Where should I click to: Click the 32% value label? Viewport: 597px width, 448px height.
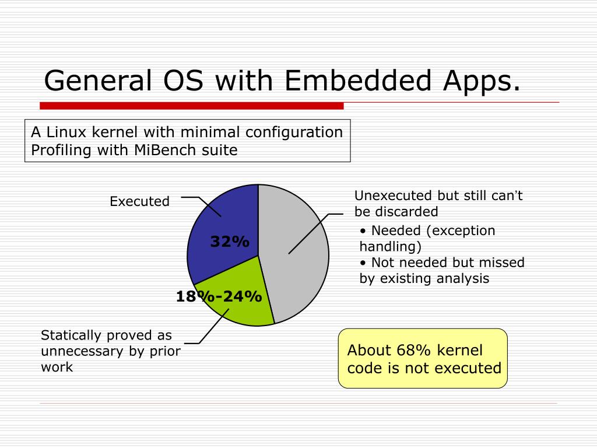tap(230, 242)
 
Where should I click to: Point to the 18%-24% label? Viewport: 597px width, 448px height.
tap(219, 297)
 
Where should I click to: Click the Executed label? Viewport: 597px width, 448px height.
tap(139, 202)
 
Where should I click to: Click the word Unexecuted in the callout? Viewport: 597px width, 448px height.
tap(390, 195)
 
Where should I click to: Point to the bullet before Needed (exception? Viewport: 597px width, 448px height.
tap(363, 231)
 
